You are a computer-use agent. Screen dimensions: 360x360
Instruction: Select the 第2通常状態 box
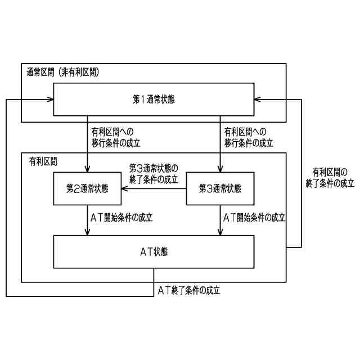click(87, 188)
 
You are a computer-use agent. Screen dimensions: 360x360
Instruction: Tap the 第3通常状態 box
click(220, 188)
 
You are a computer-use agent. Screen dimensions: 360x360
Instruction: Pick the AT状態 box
click(154, 252)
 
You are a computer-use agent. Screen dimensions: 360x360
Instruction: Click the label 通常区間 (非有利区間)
click(63, 73)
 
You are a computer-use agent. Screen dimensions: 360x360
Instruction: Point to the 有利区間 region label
click(43, 161)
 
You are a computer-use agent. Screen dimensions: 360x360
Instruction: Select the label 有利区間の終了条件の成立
click(330, 178)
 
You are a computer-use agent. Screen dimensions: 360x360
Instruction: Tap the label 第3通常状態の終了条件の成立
click(153, 174)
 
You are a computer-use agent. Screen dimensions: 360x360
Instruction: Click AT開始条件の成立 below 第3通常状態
click(254, 217)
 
